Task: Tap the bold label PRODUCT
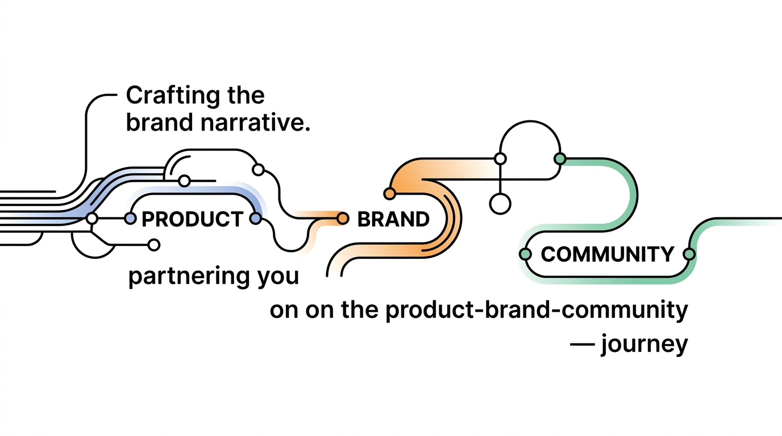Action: pos(192,219)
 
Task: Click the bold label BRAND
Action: pos(393,219)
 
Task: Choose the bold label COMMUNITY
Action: pos(607,254)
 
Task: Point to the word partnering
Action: pos(189,276)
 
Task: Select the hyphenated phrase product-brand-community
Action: pos(536,311)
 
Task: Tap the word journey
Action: pos(644,345)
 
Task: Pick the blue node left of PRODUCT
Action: pos(130,219)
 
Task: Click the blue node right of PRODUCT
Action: pos(256,219)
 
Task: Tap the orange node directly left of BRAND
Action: pos(343,219)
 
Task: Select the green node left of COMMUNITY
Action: pos(525,254)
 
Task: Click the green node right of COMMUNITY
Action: pos(689,254)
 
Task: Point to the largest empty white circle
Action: pos(500,204)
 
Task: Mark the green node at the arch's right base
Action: pos(560,159)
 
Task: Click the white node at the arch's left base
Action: pos(500,159)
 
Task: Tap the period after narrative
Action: pos(307,129)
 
